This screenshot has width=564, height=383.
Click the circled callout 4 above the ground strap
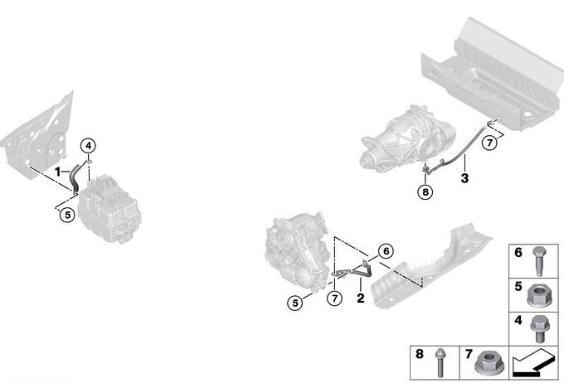tap(89, 146)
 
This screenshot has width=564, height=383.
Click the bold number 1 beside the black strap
tap(57, 172)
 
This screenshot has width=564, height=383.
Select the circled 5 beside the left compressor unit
tap(67, 215)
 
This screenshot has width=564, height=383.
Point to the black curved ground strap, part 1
tap(75, 177)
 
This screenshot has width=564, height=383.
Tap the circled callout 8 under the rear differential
tap(425, 191)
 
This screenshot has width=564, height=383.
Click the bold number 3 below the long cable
tap(464, 177)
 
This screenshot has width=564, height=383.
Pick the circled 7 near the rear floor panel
tap(489, 143)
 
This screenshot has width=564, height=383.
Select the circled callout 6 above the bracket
tap(386, 251)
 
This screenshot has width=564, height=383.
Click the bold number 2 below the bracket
tap(361, 298)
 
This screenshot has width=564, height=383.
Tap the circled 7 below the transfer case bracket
tap(335, 298)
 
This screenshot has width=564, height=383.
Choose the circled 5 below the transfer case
tap(295, 303)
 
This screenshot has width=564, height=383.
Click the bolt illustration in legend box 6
tap(538, 261)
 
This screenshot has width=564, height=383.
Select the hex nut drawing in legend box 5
tap(538, 296)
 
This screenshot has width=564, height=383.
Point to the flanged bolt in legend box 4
tap(540, 329)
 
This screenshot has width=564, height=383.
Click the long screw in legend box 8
tap(440, 363)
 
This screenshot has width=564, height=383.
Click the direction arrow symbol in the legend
tap(534, 363)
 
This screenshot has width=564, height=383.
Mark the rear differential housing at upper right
tap(408, 138)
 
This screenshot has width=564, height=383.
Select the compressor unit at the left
tap(109, 209)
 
